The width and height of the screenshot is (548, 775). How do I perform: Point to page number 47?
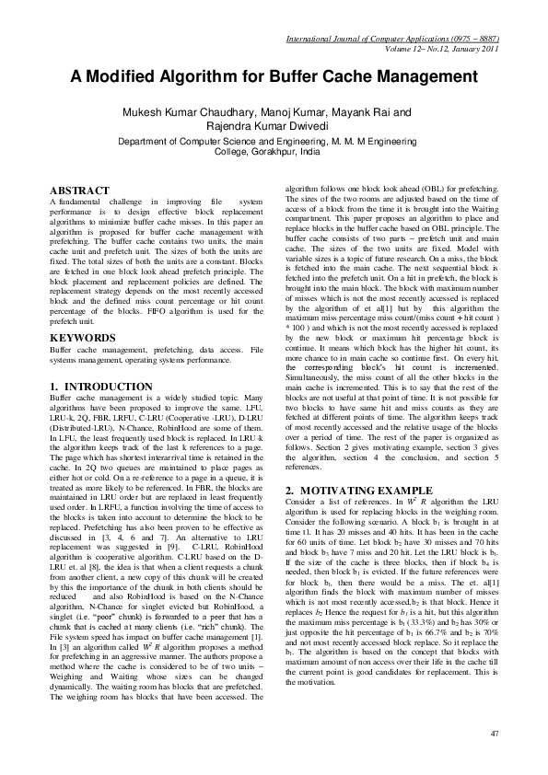pyautogui.click(x=495, y=733)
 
